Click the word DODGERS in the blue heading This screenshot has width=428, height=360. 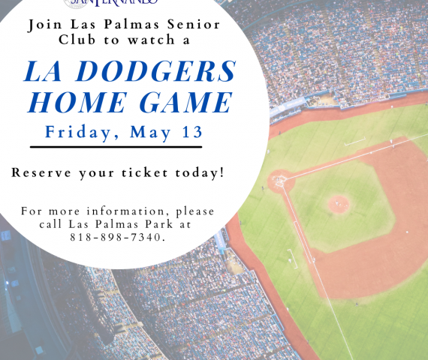(x=155, y=71)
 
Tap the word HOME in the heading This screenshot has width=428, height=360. (x=77, y=102)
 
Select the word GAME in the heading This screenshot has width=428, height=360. (x=186, y=102)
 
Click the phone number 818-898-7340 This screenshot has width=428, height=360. (x=118, y=237)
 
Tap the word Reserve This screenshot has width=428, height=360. (x=41, y=172)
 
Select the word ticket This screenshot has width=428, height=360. (x=145, y=172)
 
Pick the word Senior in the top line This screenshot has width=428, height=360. (x=194, y=25)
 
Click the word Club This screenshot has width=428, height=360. (x=77, y=40)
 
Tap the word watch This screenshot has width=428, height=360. (x=152, y=40)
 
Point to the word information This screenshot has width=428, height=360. (x=126, y=211)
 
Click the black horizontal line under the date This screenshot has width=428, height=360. (x=116, y=147)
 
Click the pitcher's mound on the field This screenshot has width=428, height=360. (x=339, y=204)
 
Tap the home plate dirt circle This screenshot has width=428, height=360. (x=281, y=181)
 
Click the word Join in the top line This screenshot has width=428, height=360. (x=45, y=25)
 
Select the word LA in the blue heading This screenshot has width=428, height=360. (x=43, y=71)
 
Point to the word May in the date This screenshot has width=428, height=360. (x=150, y=133)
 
